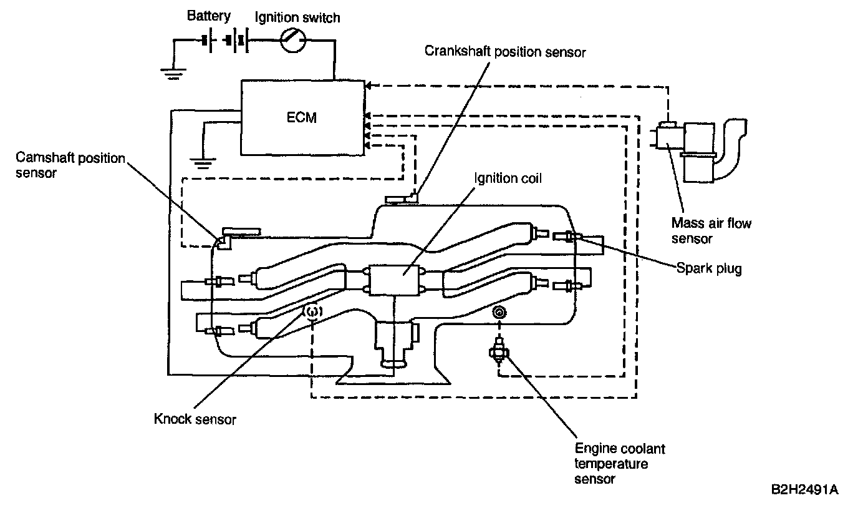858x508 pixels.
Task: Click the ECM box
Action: pyautogui.click(x=302, y=117)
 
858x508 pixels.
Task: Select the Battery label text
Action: pyautogui.click(x=208, y=16)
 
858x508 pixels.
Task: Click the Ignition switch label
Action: pyautogui.click(x=297, y=17)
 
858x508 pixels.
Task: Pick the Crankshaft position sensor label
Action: pyautogui.click(x=505, y=51)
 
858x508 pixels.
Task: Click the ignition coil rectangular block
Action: pyautogui.click(x=397, y=280)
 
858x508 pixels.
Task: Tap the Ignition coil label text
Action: pyautogui.click(x=508, y=178)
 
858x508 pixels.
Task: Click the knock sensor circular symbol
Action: pyautogui.click(x=312, y=311)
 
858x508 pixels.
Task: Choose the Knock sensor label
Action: pyautogui.click(x=195, y=419)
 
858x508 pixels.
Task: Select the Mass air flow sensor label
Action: pyautogui.click(x=711, y=230)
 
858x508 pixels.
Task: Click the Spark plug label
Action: pyautogui.click(x=709, y=269)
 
